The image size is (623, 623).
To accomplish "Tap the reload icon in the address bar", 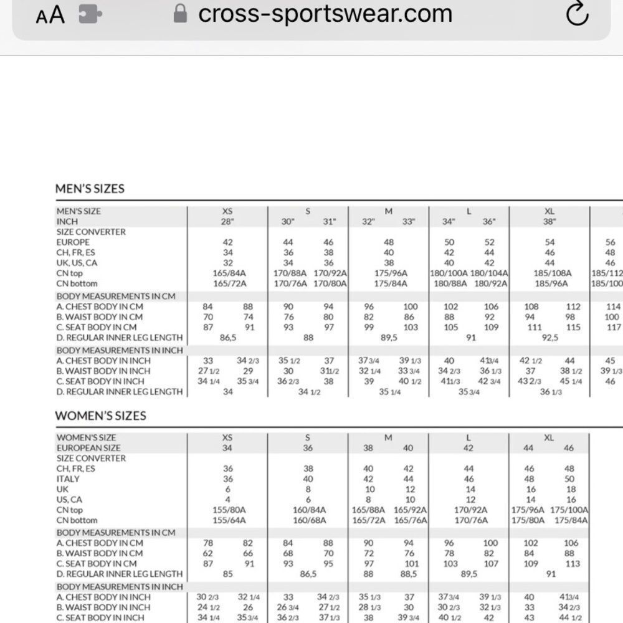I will point(578,14).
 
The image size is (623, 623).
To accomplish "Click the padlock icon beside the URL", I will point(180,13).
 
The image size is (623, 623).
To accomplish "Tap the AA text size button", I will point(50,15).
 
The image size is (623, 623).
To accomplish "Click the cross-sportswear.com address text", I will point(325,13).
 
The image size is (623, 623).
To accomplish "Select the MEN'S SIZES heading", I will point(90,189).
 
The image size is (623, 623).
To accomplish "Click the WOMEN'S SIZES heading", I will point(100,416).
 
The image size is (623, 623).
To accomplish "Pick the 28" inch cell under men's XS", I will point(227,222).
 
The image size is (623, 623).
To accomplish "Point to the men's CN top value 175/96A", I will point(389,273).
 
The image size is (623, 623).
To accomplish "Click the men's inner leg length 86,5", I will point(227,337).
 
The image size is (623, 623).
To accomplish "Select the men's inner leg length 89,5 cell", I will point(389,337).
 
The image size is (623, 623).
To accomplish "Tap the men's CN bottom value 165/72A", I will point(227,283).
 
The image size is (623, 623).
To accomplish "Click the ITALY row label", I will point(68,479).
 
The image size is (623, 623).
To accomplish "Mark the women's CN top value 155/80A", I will point(227,510).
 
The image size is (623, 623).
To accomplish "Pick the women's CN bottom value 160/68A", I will point(308,520).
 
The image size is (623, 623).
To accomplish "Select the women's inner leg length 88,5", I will point(409,574).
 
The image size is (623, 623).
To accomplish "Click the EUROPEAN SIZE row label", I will point(88,448).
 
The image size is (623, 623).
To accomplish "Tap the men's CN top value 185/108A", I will point(549,273).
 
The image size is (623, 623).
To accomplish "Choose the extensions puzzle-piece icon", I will point(90,14).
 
